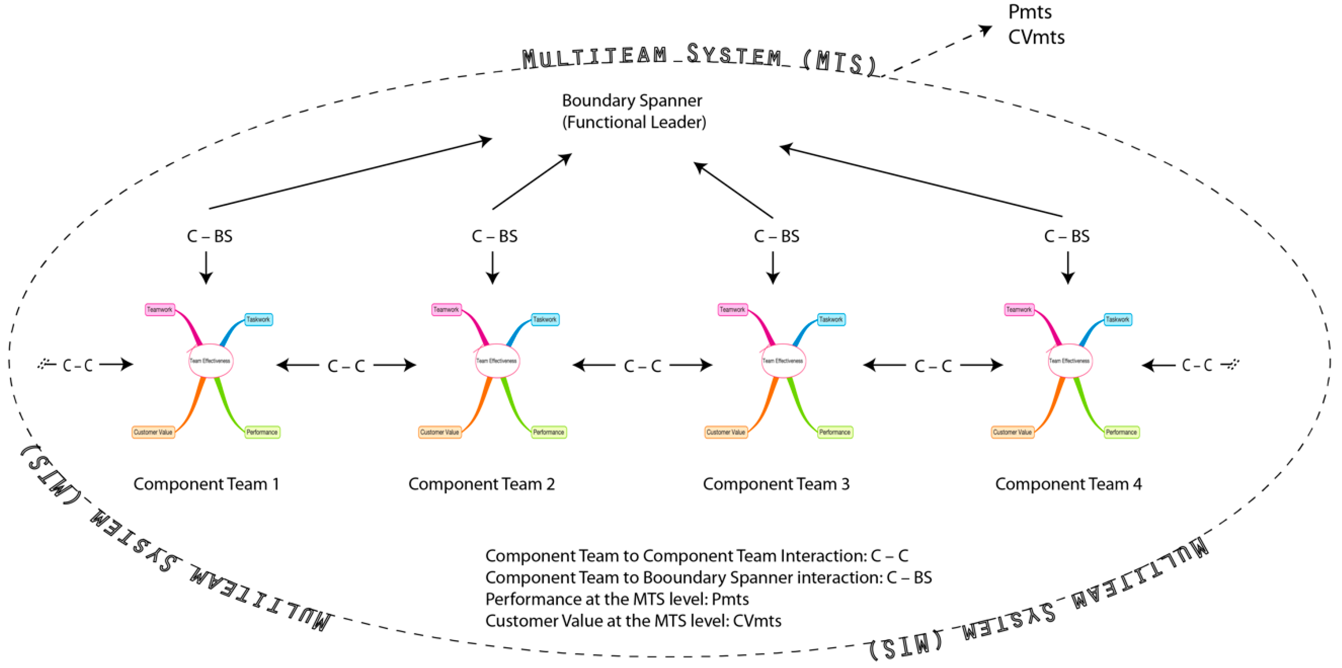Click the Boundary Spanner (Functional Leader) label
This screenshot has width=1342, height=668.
633,111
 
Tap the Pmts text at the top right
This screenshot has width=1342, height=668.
1029,12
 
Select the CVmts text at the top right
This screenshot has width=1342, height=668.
1036,37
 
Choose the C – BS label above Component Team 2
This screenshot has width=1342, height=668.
494,236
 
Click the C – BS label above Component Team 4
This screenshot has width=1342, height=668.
1067,236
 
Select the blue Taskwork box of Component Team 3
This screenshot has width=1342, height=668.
831,319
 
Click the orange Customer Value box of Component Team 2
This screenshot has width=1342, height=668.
440,432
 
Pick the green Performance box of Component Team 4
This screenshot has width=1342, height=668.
1121,432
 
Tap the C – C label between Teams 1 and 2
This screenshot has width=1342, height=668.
346,366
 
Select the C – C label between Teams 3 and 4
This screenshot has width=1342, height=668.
933,366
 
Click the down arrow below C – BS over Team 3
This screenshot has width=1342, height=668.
773,268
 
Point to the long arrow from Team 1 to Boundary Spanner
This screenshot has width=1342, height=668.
349,174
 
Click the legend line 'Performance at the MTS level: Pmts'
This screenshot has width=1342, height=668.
617,599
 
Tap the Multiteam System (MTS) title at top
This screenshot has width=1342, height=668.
698,57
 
